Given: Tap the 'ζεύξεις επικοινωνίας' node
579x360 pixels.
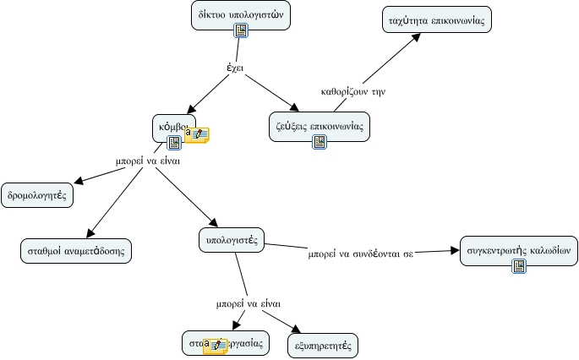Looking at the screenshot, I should point(320,123).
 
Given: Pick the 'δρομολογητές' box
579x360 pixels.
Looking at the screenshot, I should point(37,194).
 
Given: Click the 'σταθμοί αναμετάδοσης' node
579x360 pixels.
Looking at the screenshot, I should point(76,251).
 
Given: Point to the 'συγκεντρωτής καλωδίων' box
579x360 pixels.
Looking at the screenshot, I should point(519,249).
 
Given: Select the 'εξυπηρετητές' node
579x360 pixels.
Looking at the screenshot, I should point(323,345).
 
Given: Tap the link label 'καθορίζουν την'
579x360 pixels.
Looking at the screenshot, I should point(353,92).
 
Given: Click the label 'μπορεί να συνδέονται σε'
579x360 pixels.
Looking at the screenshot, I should point(360,254).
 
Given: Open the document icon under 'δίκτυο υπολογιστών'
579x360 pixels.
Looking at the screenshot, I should point(241,31).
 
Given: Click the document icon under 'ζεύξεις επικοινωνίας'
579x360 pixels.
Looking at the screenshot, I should point(320,141).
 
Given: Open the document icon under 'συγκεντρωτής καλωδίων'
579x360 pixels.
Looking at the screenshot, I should point(519,266).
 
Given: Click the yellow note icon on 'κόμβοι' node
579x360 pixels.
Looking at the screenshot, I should point(199,134).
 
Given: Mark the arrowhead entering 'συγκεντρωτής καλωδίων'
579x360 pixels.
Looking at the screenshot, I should point(451,251).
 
